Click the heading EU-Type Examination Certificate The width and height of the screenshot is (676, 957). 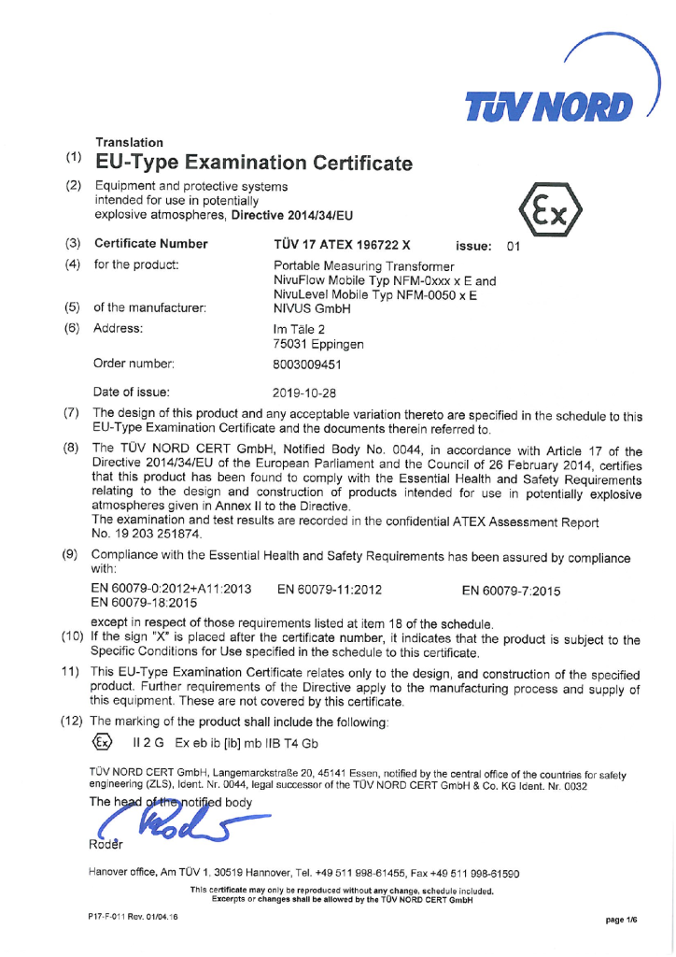tap(253, 164)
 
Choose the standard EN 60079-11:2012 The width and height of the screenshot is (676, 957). tap(331, 589)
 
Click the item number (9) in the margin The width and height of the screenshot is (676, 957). tap(70, 556)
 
